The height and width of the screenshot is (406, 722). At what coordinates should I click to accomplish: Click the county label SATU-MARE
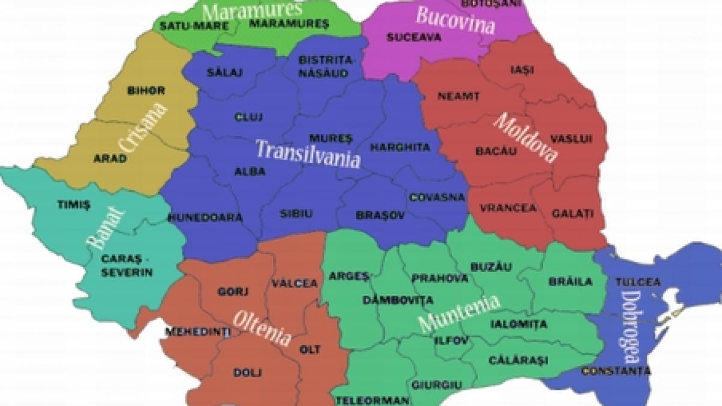pos(185,26)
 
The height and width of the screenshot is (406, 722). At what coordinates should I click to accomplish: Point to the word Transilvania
pos(308,153)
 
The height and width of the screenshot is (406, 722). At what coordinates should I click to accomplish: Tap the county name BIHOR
pos(146,91)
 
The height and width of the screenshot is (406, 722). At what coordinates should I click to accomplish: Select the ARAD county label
pos(110,159)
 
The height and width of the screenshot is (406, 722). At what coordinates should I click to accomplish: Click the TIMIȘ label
pos(73,205)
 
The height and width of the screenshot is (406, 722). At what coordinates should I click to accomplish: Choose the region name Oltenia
pos(262,328)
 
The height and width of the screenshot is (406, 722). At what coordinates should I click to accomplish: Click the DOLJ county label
pos(247,373)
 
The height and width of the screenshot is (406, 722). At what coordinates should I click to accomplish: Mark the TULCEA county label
pos(638,281)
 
